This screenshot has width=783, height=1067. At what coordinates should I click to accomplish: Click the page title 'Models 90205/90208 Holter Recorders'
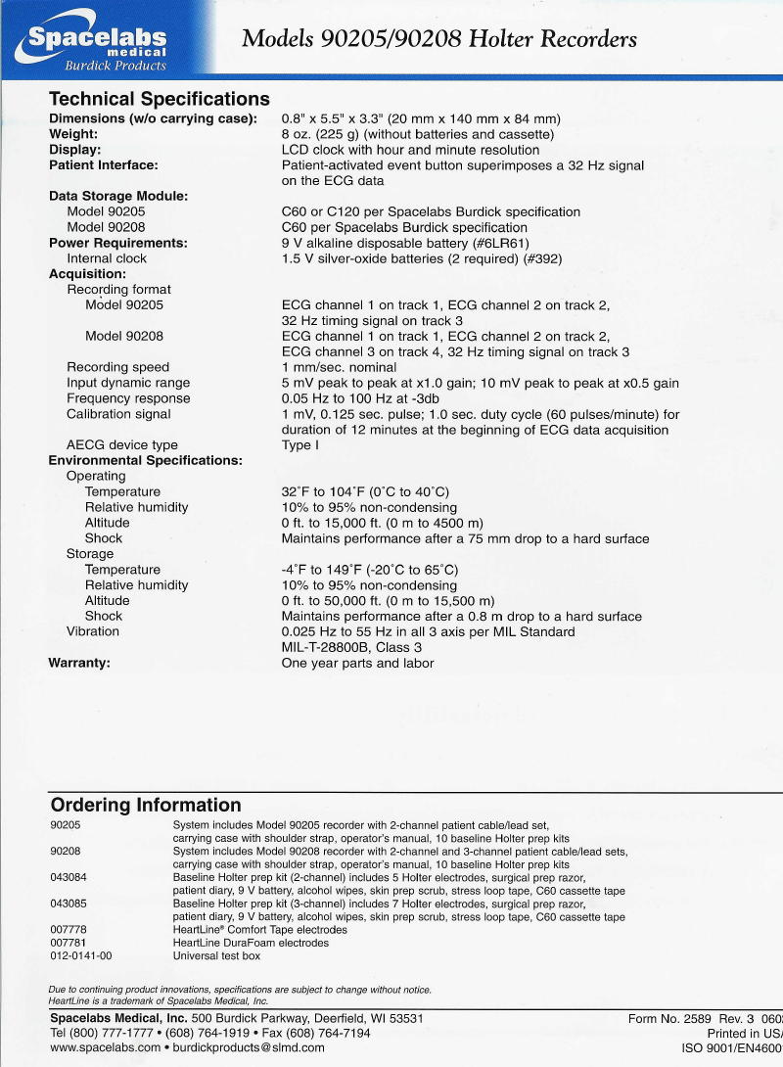click(x=439, y=39)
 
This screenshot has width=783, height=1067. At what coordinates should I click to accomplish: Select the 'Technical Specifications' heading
click(x=160, y=99)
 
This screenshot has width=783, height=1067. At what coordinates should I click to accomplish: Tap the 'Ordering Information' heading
click(x=145, y=806)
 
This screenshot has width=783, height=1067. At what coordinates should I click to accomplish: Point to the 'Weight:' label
click(x=73, y=134)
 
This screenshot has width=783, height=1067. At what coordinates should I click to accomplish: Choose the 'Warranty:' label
click(x=79, y=663)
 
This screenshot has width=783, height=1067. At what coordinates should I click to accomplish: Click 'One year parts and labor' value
click(x=357, y=663)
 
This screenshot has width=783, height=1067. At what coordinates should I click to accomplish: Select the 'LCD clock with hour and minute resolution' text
click(x=410, y=150)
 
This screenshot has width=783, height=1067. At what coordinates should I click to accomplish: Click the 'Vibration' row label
click(x=93, y=631)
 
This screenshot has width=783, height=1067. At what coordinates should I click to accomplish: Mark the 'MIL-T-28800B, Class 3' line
click(x=352, y=647)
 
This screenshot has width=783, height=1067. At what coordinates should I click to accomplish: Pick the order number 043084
click(x=69, y=877)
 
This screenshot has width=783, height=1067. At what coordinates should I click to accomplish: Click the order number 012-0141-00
click(x=81, y=955)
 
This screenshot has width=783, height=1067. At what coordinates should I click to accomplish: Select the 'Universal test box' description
click(x=216, y=955)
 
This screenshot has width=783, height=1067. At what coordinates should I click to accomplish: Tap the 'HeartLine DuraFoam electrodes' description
click(x=251, y=943)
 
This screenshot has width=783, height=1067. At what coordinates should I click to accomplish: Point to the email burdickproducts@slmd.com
click(x=249, y=1047)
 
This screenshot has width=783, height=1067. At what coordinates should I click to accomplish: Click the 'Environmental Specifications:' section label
click(x=146, y=461)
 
